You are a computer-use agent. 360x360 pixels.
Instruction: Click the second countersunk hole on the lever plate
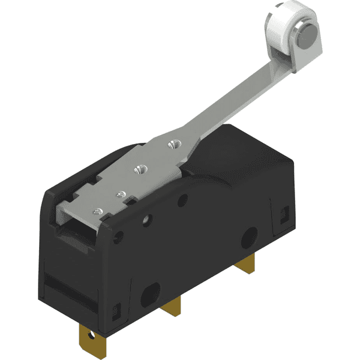point(142,170)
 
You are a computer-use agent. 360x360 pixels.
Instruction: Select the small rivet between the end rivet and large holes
point(119,194)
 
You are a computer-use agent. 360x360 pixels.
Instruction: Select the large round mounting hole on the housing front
point(248,238)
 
